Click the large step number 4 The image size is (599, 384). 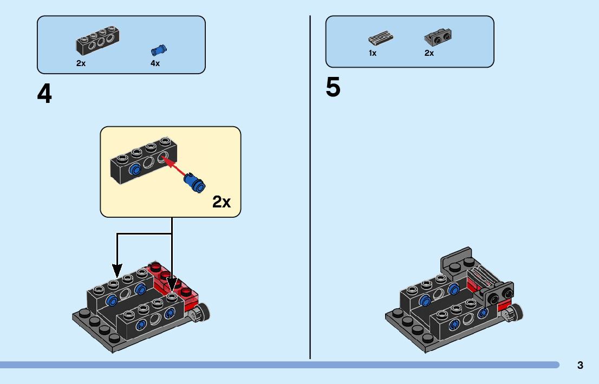(x=44, y=94)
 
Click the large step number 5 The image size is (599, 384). (x=333, y=87)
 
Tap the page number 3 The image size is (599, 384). (x=580, y=365)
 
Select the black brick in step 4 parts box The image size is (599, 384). (x=97, y=40)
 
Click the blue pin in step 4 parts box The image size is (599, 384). (x=159, y=50)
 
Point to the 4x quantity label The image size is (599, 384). (x=155, y=63)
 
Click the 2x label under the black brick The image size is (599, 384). (x=81, y=63)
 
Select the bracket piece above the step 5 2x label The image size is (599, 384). (x=438, y=37)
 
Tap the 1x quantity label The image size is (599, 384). (x=373, y=53)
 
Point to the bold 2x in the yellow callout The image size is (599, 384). (x=222, y=201)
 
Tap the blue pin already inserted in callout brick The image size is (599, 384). (x=135, y=170)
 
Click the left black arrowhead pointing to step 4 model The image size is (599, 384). (x=118, y=270)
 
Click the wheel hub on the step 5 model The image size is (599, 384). (x=512, y=313)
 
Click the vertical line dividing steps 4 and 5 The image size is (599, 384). (x=310, y=187)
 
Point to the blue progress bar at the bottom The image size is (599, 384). (x=279, y=365)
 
